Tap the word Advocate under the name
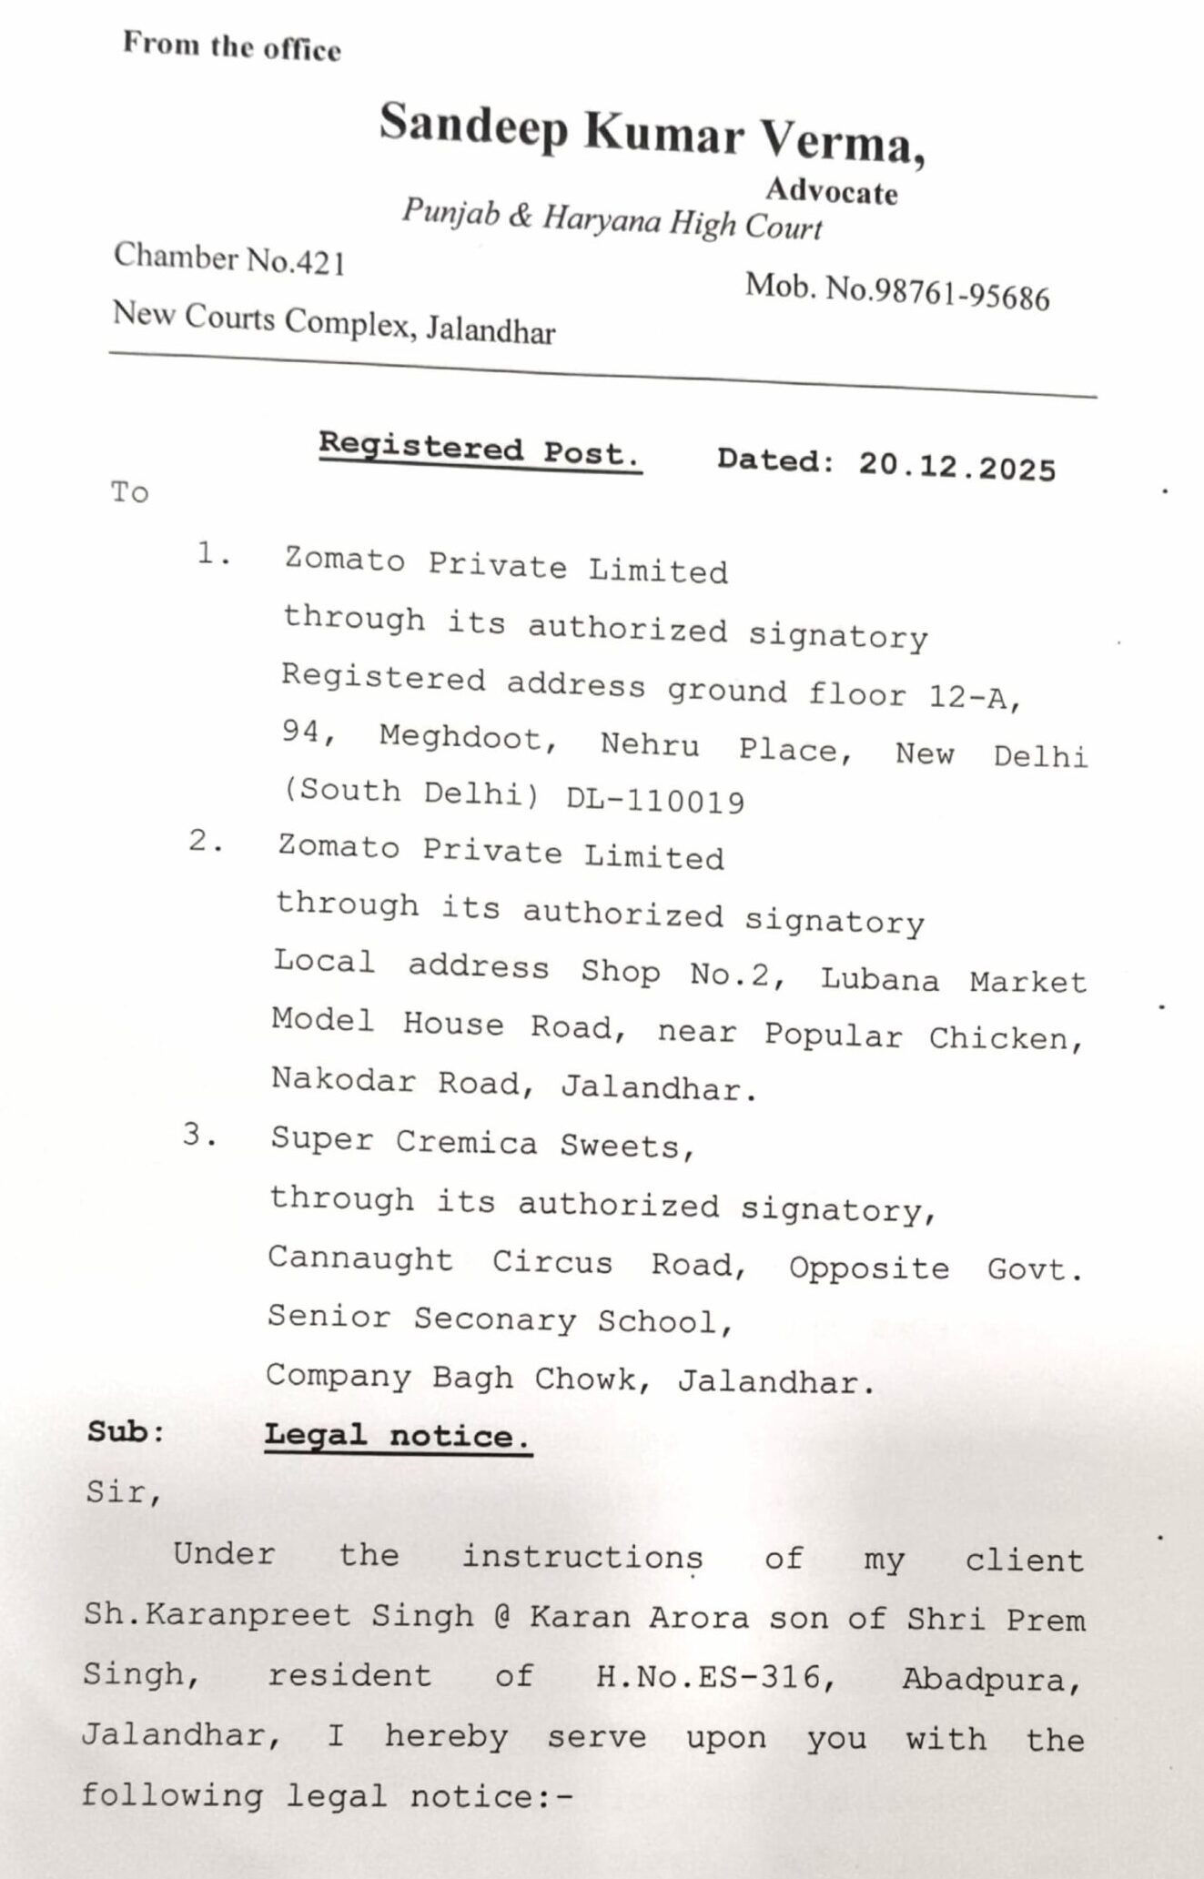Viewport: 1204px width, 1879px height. tap(831, 190)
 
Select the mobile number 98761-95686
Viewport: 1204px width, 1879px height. tap(961, 294)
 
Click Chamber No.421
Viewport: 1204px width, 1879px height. tap(229, 259)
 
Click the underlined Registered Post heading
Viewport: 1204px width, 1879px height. tap(480, 450)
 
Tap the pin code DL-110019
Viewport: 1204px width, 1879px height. tap(655, 801)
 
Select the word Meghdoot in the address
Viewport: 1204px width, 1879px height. tap(469, 739)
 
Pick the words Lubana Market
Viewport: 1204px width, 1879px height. tap(953, 980)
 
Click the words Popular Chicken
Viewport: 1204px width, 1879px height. tap(923, 1036)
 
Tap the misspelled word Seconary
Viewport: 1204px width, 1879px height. tap(495, 1318)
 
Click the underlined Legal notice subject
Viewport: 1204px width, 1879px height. tap(397, 1436)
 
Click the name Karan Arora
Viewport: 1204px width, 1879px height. tap(640, 1617)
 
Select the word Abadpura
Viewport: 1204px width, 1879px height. tap(991, 1680)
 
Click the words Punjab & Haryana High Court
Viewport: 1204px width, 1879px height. tap(612, 219)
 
